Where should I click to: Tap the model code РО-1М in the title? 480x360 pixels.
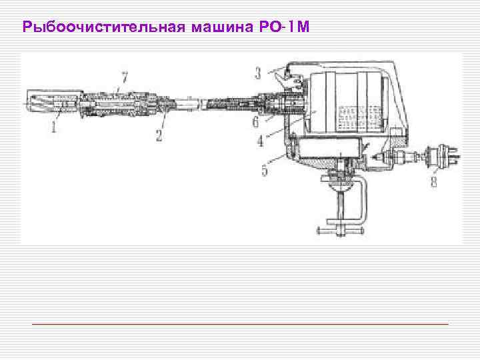tap(283, 28)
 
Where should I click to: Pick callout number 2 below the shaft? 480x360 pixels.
tap(159, 135)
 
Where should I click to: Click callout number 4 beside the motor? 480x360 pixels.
tap(260, 141)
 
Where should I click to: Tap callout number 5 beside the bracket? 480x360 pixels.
tap(265, 171)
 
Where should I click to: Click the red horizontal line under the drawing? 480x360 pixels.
tap(240, 323)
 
